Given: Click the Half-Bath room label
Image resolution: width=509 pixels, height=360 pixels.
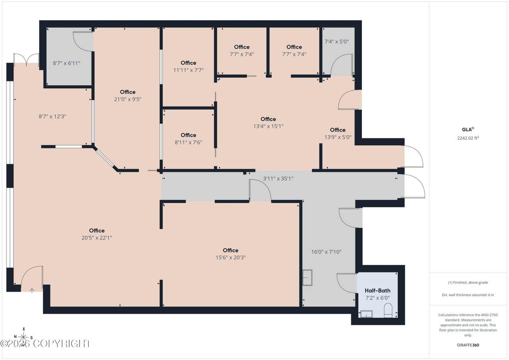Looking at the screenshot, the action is (x=377, y=290).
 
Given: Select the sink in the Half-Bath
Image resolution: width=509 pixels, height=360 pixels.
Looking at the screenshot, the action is (x=366, y=313).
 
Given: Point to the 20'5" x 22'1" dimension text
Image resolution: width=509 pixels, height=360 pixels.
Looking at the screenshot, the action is (x=97, y=238).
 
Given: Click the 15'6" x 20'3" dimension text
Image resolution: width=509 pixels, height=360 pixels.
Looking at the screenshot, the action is (x=231, y=257).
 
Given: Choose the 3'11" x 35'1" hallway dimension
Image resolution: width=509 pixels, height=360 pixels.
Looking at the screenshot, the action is (x=278, y=179).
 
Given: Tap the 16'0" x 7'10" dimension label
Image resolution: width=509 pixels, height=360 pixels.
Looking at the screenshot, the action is (x=326, y=252).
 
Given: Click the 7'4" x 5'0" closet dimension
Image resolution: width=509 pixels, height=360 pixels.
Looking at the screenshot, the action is (x=336, y=42).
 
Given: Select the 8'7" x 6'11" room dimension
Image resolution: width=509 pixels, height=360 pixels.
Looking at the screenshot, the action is (x=66, y=63).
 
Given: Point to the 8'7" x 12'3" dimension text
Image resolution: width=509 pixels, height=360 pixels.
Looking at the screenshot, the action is (x=52, y=117).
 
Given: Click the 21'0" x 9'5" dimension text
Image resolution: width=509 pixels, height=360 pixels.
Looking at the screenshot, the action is (x=128, y=99).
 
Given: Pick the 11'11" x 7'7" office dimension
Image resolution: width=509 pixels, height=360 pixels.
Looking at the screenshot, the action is (x=188, y=70).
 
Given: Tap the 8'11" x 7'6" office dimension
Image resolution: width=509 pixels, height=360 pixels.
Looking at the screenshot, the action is (x=188, y=142).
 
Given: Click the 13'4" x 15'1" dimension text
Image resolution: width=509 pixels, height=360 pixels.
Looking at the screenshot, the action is (x=268, y=126).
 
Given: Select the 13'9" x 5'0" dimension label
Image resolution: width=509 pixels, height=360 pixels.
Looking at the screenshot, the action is (x=338, y=137).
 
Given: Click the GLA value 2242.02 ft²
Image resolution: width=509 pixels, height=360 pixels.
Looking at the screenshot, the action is (x=468, y=138).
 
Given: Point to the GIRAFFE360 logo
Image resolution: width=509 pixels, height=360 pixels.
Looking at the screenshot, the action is (x=468, y=345).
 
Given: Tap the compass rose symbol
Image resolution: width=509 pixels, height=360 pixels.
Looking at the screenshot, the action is (x=23, y=337).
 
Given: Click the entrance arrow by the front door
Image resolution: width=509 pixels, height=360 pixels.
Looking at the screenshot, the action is (x=32, y=291).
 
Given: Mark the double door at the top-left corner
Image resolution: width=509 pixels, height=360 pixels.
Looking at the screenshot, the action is (x=26, y=58).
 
